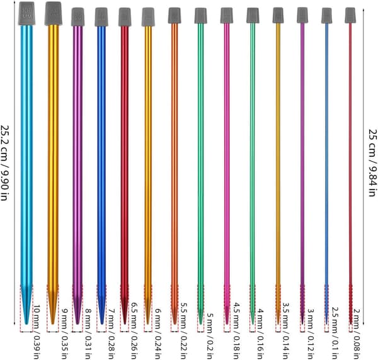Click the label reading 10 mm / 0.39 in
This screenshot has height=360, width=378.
click(37, 332)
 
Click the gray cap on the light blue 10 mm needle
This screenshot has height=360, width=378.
click(26, 13)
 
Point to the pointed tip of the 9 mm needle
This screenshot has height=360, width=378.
click(53, 323)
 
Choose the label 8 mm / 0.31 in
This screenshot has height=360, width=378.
click(88, 334)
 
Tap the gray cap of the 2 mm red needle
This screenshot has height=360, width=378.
click(350, 15)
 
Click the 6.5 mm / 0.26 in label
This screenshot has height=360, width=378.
click(135, 329)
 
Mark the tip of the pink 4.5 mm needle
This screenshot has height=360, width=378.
click(227, 323)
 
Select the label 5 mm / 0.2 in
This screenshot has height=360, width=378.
click(210, 335)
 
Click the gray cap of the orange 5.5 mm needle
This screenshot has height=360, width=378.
click(175, 15)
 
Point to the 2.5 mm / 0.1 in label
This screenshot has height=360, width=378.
click(336, 333)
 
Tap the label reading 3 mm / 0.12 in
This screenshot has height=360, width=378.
click(311, 334)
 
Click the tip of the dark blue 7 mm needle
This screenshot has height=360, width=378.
click(101, 323)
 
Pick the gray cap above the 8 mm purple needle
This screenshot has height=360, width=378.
click(77, 16)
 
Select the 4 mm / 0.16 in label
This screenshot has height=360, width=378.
click(260, 334)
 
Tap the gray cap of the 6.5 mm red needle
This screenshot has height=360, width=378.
click(125, 16)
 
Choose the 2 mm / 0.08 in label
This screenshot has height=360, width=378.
click(357, 334)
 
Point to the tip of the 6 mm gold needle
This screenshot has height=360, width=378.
click(148, 323)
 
